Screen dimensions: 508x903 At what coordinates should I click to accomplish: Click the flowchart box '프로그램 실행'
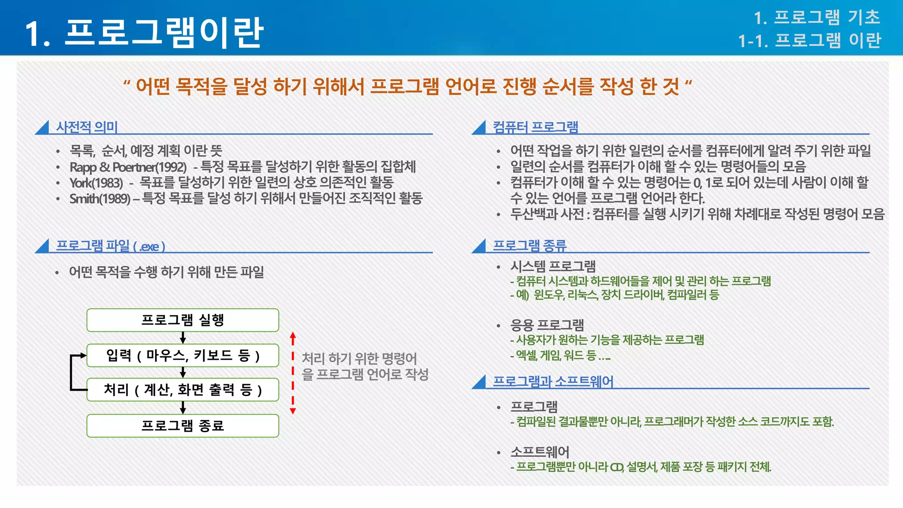pos(183,320)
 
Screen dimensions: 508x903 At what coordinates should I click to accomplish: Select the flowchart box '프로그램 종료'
pos(183,426)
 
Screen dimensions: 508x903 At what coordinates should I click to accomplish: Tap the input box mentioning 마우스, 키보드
pos(183,355)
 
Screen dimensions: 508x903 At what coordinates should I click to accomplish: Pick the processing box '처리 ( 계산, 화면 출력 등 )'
pos(183,390)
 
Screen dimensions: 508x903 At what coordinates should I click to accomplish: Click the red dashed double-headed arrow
pos(293,373)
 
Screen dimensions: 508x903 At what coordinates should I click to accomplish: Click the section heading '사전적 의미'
pos(87,127)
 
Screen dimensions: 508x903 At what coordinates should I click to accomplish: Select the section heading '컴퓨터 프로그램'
pos(535,127)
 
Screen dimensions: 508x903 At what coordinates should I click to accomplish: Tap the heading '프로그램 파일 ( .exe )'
pos(110,246)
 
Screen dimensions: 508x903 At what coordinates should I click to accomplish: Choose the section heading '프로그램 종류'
pos(529,246)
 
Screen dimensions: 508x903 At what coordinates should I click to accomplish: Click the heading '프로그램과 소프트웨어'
pos(553,381)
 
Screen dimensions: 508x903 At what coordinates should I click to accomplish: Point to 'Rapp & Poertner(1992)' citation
pos(128,167)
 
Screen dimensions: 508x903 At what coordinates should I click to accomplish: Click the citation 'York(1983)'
pos(96,183)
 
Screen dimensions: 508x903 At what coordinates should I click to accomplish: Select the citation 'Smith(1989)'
pos(100,199)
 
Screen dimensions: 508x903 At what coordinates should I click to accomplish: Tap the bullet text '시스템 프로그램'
pos(553,266)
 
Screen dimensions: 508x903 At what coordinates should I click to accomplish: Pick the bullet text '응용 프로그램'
pos(547,325)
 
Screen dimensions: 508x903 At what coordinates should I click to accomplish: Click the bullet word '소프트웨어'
pos(540,452)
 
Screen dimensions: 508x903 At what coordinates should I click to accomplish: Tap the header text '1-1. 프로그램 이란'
pos(810,41)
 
